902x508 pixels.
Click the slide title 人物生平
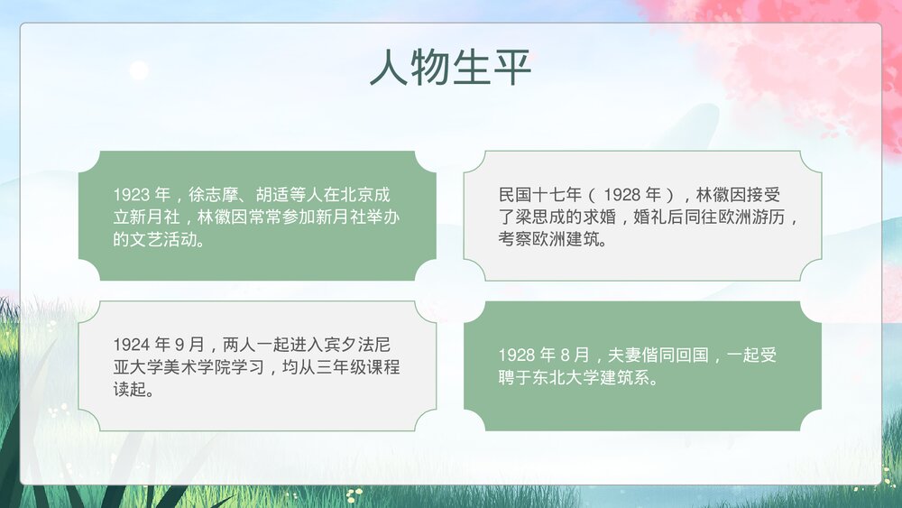tap(450, 68)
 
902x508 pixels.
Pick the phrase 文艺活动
tap(162, 240)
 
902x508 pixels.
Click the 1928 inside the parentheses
tap(621, 195)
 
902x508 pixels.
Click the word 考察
tap(514, 240)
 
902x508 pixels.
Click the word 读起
tap(129, 390)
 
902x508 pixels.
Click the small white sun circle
tap(138, 70)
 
